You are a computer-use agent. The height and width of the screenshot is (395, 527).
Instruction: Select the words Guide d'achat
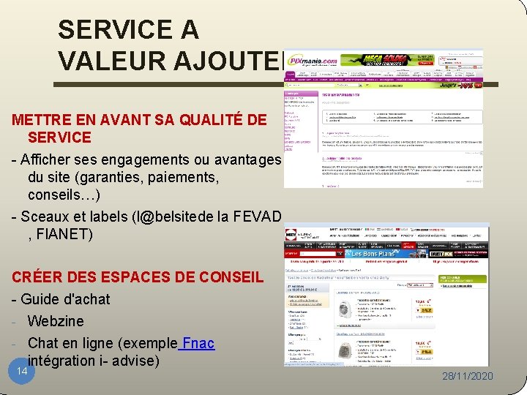coord(66,299)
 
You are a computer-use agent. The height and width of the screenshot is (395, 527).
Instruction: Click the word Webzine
coord(56,321)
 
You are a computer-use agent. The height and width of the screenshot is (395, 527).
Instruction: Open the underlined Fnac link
coord(198,343)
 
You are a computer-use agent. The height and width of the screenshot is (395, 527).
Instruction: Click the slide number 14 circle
coord(22,372)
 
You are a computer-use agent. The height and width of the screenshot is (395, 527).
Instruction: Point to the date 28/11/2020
coord(468,376)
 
